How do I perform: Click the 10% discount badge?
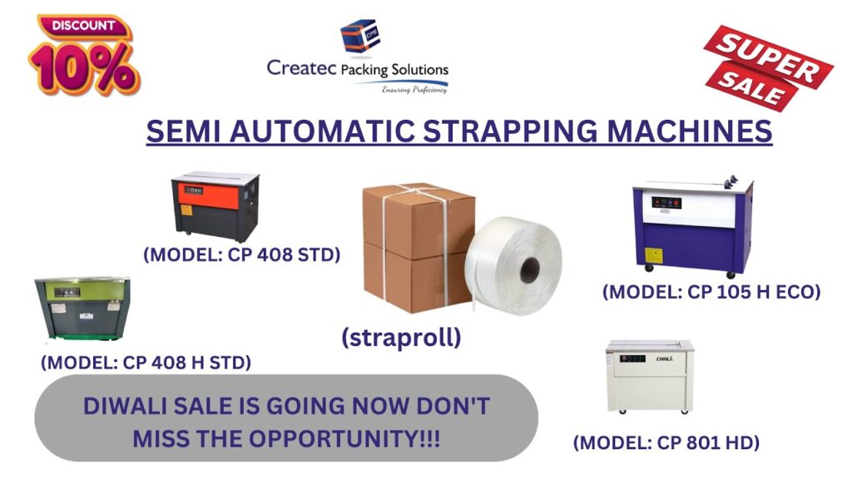[84, 56]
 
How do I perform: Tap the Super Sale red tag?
[768, 68]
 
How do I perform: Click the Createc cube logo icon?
[359, 37]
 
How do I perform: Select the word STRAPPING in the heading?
[510, 131]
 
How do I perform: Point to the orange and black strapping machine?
[215, 206]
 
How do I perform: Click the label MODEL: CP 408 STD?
[242, 254]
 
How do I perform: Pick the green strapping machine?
[82, 308]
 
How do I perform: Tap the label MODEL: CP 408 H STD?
[146, 363]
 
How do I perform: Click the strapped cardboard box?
[418, 248]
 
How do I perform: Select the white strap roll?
[513, 265]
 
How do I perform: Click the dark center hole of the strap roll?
[530, 270]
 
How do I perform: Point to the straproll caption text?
[401, 338]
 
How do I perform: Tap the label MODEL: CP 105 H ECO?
[711, 292]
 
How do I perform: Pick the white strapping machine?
[650, 377]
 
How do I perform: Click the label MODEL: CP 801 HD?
[666, 442]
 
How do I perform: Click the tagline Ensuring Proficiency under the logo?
[414, 90]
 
